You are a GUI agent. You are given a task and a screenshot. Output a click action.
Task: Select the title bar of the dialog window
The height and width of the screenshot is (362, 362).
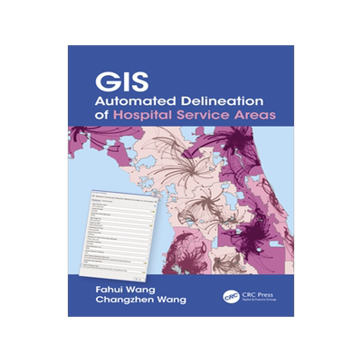pyautogui.click(x=121, y=194)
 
